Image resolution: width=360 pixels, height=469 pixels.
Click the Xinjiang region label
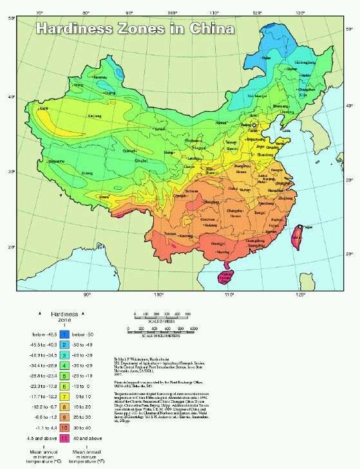(95, 116)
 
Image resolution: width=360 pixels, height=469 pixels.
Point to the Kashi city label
(43, 109)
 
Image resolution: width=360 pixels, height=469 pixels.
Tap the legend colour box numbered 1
(65, 335)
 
